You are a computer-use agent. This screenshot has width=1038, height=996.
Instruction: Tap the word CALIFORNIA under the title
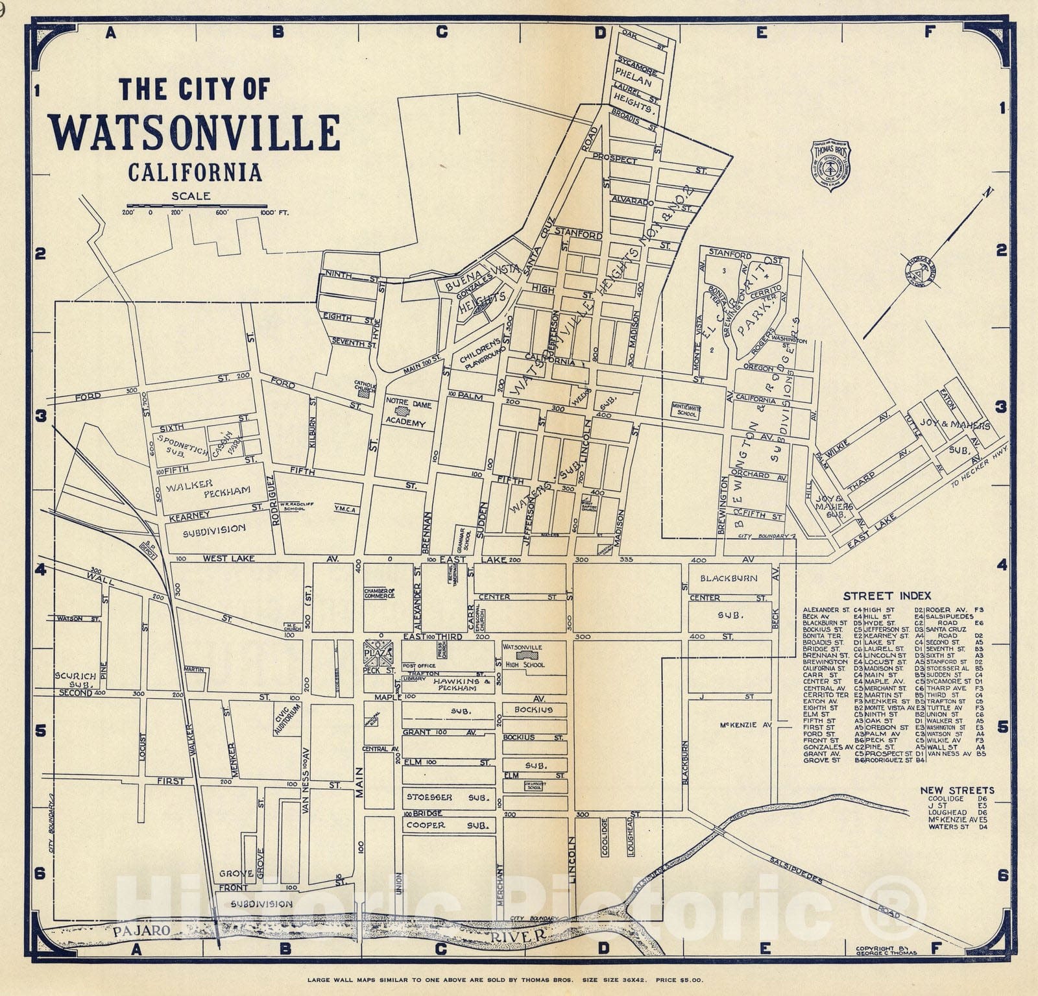195,173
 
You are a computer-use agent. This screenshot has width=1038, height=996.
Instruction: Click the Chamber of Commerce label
380,593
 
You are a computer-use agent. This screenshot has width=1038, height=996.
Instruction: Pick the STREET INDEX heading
887,596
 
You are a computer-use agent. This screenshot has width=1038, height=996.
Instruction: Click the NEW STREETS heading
957,790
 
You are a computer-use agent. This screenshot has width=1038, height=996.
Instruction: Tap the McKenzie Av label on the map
745,724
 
